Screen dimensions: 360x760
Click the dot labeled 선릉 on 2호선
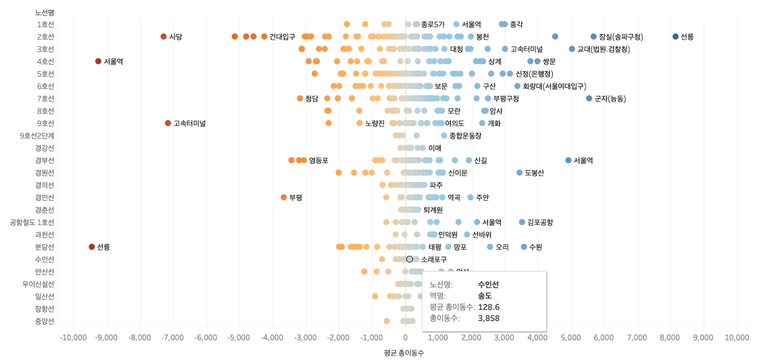click(x=675, y=36)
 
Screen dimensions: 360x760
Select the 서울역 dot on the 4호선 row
click(x=98, y=61)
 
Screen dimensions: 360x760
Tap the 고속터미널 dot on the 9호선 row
click(x=168, y=123)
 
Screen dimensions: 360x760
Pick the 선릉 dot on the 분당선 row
click(x=92, y=247)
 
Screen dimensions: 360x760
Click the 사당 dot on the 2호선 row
click(x=164, y=36)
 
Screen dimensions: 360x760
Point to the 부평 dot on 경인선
click(x=284, y=197)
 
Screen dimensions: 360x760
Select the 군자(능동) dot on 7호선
click(x=589, y=98)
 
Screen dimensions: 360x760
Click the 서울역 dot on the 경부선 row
click(x=568, y=160)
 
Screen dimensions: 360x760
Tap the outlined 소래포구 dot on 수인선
click(x=409, y=259)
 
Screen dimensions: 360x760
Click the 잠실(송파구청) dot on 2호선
click(x=594, y=36)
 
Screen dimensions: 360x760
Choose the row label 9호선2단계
click(x=36, y=135)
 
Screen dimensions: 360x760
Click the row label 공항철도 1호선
click(x=32, y=222)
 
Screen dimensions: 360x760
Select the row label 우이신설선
click(x=38, y=284)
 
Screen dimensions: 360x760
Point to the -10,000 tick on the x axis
click(x=74, y=338)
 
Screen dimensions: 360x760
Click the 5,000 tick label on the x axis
click(x=571, y=338)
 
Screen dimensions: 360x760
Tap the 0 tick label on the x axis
click(x=405, y=338)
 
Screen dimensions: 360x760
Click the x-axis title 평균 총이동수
click(x=404, y=353)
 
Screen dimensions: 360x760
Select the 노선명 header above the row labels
click(x=45, y=12)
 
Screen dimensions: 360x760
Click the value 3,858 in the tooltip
click(x=489, y=318)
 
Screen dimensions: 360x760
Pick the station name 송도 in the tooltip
click(x=485, y=296)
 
